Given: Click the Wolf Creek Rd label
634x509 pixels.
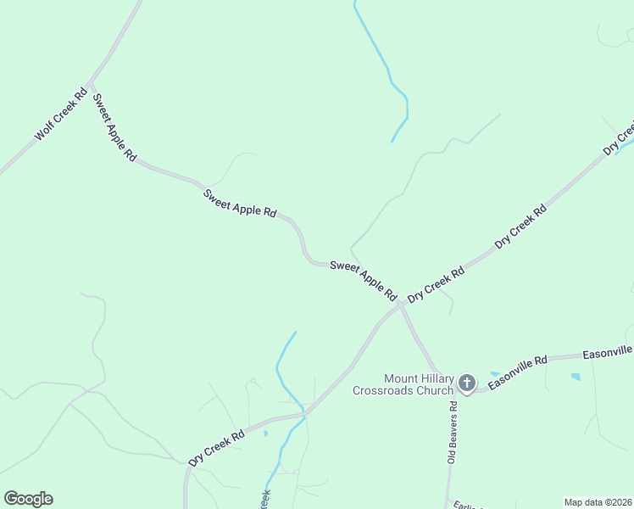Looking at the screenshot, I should (61, 114).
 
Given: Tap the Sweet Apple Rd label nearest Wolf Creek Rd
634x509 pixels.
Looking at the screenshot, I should (114, 126).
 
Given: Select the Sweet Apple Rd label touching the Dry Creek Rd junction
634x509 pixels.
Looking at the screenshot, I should (364, 279).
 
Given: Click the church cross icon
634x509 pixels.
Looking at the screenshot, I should (466, 384).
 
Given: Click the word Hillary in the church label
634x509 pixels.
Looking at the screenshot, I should (440, 378).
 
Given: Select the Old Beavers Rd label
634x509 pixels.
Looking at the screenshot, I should (452, 433).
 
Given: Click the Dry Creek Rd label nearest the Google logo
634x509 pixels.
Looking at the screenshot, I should (216, 446).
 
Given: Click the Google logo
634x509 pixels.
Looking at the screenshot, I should (28, 499).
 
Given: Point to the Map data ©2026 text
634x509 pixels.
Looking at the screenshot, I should (597, 502).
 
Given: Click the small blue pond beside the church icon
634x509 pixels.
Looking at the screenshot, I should (494, 374).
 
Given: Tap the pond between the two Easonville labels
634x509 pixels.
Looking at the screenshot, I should (576, 376).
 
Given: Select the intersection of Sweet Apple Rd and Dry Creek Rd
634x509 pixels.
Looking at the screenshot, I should (400, 304).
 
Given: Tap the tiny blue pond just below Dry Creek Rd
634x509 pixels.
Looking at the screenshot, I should (265, 433).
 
